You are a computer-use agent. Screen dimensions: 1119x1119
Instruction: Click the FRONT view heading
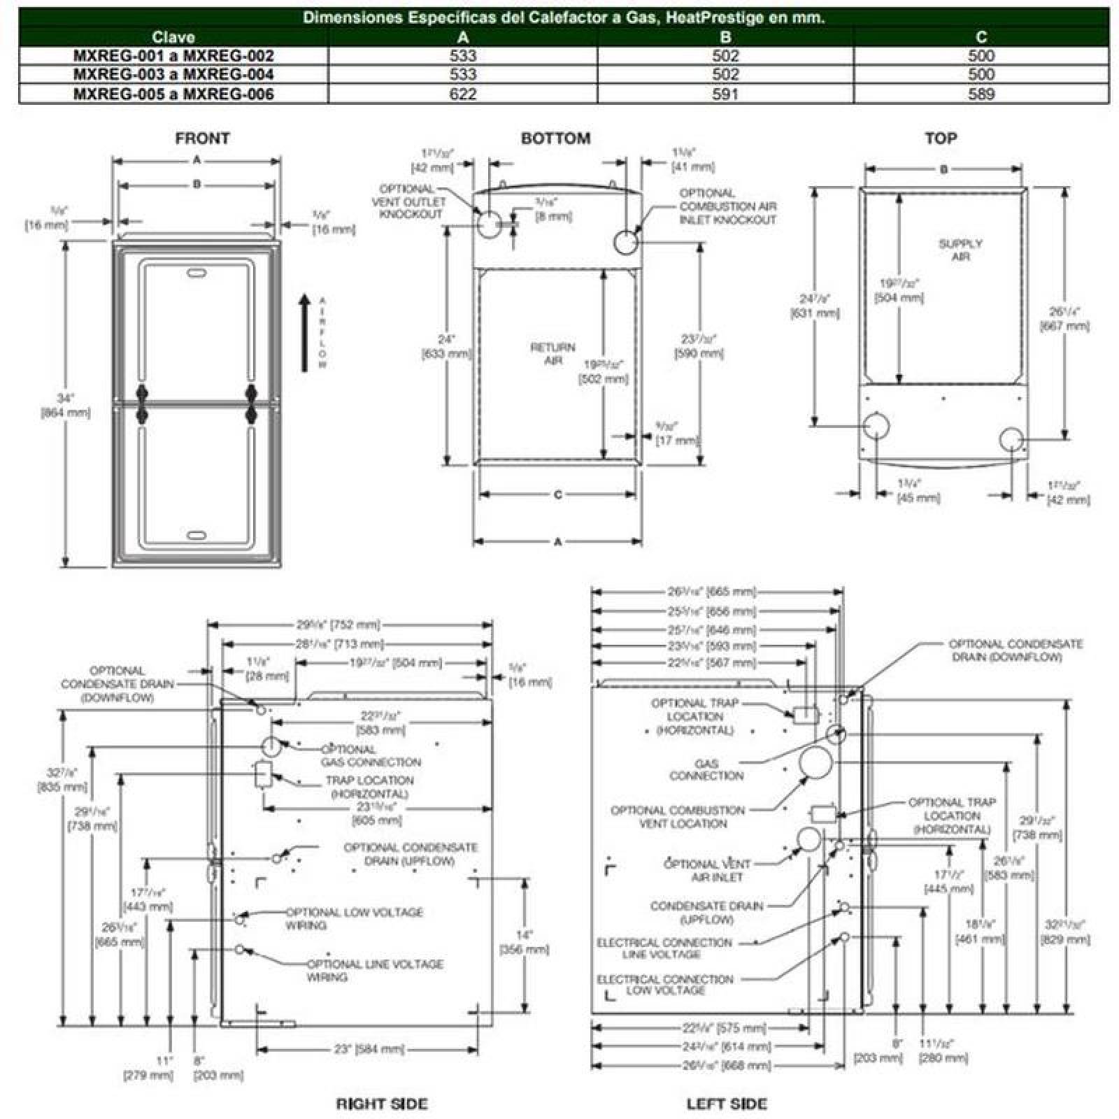[202, 138]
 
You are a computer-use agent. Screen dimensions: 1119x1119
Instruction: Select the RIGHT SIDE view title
[381, 1104]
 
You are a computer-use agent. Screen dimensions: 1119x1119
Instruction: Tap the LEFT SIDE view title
[727, 1104]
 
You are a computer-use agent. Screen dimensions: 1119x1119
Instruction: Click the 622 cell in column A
[463, 94]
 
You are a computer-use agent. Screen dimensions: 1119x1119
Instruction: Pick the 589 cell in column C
[981, 94]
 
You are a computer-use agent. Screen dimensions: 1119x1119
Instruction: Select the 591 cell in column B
[725, 94]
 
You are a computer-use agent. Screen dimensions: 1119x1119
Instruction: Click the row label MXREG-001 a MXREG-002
[173, 56]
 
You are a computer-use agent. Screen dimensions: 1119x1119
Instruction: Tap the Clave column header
[173, 37]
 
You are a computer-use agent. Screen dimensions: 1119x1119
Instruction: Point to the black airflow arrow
[304, 332]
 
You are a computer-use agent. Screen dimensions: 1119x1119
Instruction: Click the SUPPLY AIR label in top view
[960, 250]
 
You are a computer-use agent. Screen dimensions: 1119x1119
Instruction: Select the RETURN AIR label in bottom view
[553, 354]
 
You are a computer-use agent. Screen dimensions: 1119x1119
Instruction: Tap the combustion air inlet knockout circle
[625, 243]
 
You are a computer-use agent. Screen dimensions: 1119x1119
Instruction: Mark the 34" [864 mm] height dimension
[66, 405]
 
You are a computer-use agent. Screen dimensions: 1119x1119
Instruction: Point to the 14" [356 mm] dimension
[524, 942]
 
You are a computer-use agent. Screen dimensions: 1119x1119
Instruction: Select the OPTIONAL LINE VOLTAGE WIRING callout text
[374, 970]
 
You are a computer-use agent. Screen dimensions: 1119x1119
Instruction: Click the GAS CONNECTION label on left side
[706, 769]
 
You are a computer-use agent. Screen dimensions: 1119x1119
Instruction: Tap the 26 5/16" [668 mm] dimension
[716, 1065]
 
